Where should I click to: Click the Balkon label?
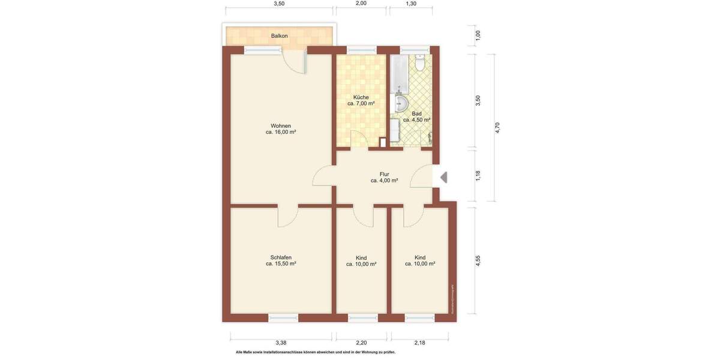pos(279,36)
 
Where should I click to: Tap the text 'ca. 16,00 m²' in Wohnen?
pos(281,133)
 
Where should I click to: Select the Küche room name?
pos(361,97)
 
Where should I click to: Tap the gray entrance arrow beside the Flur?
pos(443,178)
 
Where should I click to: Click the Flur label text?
pos(384,174)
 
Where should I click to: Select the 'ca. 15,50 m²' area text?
pos(281,263)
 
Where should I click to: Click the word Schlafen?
pos(281,257)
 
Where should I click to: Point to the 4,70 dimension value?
pos(496,128)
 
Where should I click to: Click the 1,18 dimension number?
pos(478,175)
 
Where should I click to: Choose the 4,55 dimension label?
pos(478,261)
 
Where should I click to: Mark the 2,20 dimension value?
pos(361,343)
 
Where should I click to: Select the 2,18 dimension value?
pos(419,343)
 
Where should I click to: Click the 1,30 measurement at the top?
pos(411,4)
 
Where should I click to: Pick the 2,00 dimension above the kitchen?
pos(361,4)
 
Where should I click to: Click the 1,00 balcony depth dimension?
pos(478,35)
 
